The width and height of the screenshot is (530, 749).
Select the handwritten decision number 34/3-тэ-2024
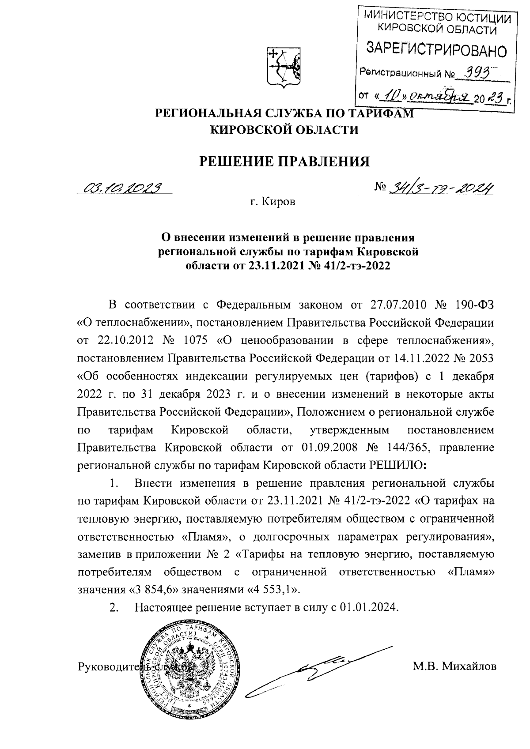point(441,188)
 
